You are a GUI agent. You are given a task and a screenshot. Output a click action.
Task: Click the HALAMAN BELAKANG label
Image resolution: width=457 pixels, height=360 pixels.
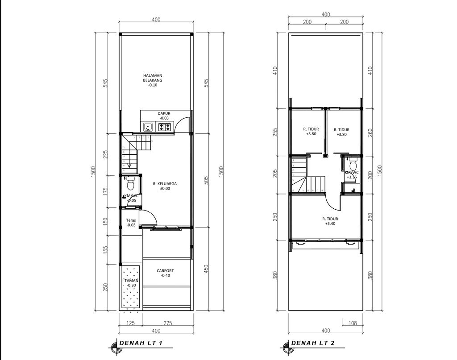click(x=153, y=80)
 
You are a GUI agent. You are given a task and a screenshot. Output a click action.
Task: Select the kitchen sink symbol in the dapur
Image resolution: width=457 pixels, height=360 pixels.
click(x=147, y=128)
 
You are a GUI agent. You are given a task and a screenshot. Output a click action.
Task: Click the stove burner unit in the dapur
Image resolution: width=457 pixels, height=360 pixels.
click(x=164, y=128)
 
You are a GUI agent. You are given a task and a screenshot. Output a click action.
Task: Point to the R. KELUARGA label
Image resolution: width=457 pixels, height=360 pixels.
click(x=164, y=186)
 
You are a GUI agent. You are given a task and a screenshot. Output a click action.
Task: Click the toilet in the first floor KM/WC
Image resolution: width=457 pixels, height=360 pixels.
click(x=131, y=184)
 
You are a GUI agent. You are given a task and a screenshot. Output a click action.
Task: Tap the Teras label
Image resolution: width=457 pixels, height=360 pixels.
click(x=131, y=223)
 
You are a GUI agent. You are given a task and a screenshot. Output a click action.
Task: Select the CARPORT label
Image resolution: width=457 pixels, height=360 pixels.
click(x=165, y=273)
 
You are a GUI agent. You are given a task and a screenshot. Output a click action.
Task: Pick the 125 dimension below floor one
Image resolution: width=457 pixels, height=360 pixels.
click(x=130, y=323)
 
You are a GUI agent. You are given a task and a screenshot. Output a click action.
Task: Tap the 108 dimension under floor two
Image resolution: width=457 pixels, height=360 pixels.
click(x=352, y=323)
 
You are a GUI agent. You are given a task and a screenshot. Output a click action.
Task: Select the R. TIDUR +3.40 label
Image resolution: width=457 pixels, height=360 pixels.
click(x=330, y=221)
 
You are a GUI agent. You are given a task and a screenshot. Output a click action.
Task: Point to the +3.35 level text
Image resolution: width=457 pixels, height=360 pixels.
click(x=351, y=177)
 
